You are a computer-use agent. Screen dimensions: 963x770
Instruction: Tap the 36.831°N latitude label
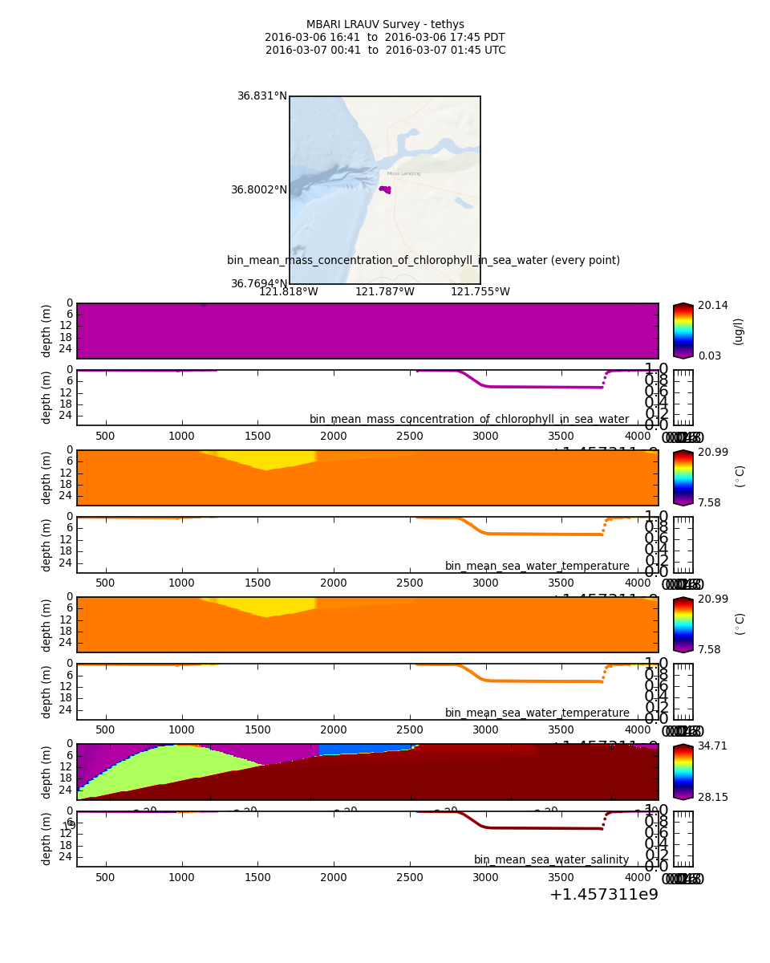[261, 95]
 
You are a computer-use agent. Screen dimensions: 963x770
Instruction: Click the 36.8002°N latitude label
[258, 190]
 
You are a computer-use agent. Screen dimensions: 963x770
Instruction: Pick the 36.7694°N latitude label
[258, 284]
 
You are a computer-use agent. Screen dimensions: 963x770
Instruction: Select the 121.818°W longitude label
[288, 292]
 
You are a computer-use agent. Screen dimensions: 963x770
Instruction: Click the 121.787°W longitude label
[384, 292]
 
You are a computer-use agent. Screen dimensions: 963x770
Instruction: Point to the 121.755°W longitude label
[480, 292]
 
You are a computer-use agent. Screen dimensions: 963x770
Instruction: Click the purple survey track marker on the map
[385, 189]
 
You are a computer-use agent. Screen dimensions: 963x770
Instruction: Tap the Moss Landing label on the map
[403, 173]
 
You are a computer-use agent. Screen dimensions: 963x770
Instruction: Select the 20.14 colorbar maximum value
[713, 305]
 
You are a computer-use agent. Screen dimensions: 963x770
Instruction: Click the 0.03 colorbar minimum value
[710, 356]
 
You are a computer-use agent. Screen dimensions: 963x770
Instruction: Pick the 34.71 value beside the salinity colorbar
[713, 746]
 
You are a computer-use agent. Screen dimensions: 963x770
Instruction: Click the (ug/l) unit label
[738, 331]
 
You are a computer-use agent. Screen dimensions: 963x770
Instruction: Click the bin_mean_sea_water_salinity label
[551, 859]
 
